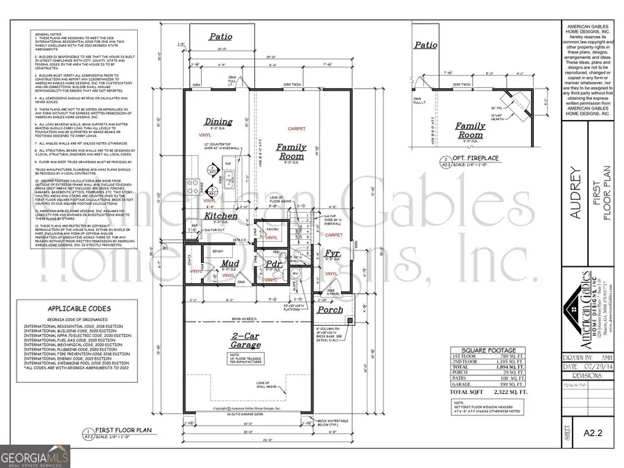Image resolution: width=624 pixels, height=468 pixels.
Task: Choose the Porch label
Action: (x=330, y=309)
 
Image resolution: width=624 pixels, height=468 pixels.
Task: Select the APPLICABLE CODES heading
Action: (x=76, y=309)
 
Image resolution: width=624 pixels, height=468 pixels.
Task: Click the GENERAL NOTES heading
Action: (x=47, y=32)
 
